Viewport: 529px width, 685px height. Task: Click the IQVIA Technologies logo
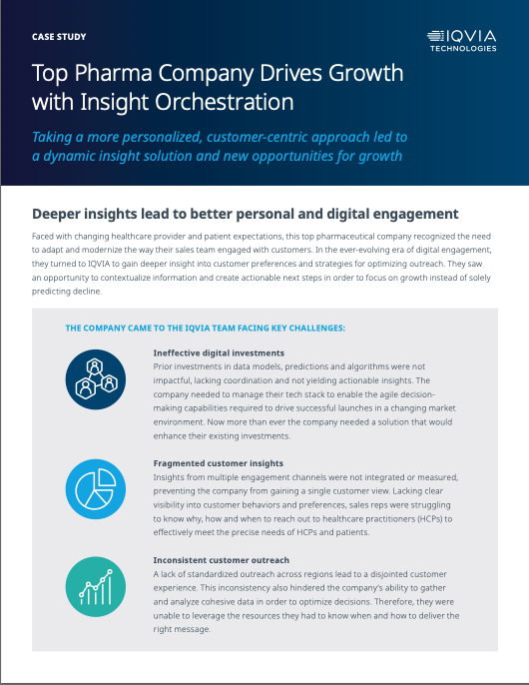[462, 41]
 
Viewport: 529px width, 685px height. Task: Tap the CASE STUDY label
[59, 37]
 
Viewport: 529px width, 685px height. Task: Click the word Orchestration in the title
[225, 102]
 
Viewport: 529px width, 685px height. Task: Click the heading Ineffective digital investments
[219, 353]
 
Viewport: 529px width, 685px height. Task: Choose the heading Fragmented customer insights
[218, 463]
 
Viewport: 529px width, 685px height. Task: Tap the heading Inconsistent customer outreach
[221, 560]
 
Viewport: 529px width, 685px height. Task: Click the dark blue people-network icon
[96, 379]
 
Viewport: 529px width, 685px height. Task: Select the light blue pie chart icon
[96, 489]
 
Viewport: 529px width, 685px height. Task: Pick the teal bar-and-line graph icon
[96, 587]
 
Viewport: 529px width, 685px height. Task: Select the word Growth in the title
[365, 73]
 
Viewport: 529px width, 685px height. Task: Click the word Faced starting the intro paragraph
[42, 237]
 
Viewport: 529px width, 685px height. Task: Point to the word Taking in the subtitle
[52, 138]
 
